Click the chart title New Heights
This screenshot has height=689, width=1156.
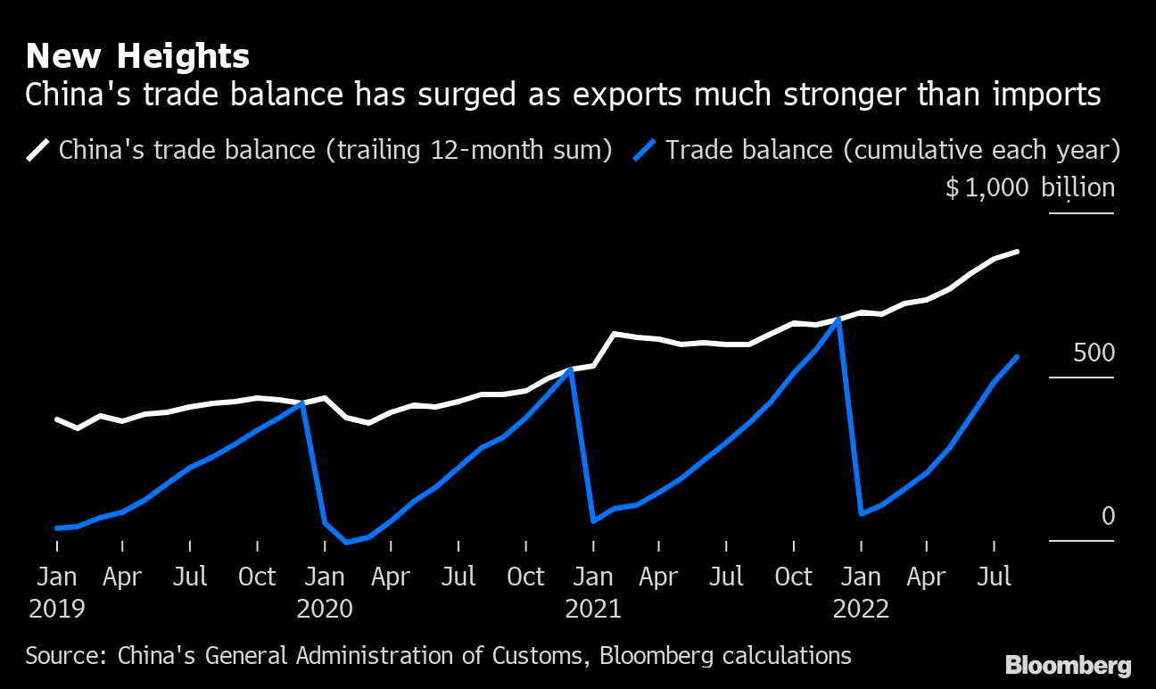tap(137, 57)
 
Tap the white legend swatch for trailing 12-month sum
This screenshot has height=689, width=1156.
tap(38, 149)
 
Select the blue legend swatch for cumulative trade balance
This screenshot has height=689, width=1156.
tap(646, 149)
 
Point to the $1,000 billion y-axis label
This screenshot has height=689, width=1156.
tap(1029, 187)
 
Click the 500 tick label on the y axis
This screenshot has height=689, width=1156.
tap(1094, 353)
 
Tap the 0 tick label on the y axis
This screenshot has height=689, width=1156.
tap(1108, 516)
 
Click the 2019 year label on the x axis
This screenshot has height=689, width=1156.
tap(57, 609)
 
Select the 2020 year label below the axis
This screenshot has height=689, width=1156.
tap(325, 609)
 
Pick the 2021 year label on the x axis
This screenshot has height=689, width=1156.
tap(593, 609)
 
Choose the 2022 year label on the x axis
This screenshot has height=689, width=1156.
tap(861, 609)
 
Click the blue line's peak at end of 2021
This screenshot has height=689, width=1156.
tap(838, 319)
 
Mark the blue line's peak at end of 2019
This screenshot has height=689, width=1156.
tap(302, 403)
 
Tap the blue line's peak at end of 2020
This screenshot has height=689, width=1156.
tap(571, 369)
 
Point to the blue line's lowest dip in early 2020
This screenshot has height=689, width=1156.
tap(347, 542)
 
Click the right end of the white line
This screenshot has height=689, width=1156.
tap(1018, 252)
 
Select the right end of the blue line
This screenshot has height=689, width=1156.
tap(1018, 357)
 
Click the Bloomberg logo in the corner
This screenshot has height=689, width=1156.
tap(1068, 665)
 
